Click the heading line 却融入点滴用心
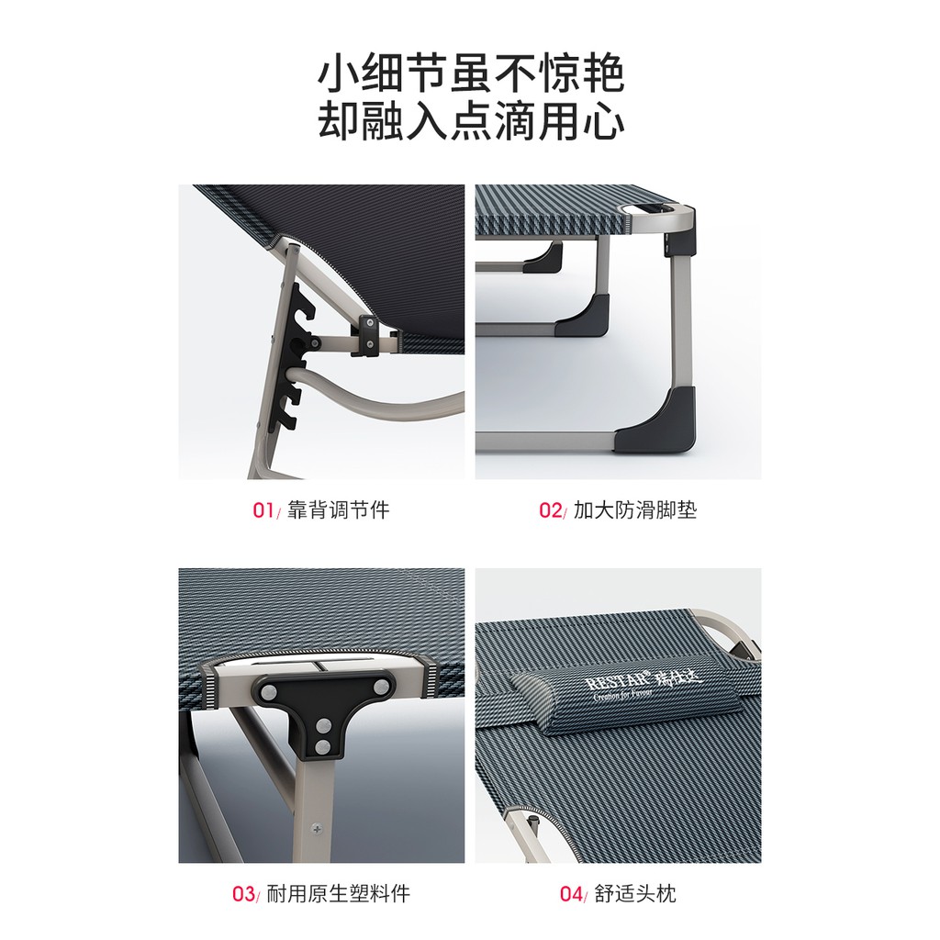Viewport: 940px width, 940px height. click(x=470, y=123)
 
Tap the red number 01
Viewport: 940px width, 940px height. click(x=263, y=510)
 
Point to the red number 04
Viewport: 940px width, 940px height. click(x=571, y=893)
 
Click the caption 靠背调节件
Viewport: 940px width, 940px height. click(x=338, y=510)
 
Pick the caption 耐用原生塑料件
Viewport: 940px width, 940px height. click(x=338, y=893)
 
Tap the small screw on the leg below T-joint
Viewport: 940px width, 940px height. click(x=317, y=829)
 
